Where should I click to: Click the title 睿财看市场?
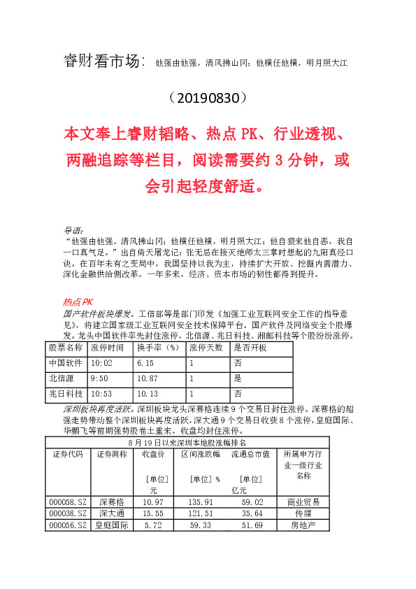pos(104,62)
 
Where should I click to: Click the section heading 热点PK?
pos(78,302)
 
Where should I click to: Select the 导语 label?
pos(73,229)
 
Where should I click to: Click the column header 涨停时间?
pos(108,348)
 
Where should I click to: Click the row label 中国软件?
pos(66,363)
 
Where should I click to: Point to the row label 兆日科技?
pos(66,394)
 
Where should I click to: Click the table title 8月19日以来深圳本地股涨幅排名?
pos(187,443)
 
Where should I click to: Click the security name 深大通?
pos(111,513)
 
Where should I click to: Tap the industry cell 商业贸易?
pos(303,502)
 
